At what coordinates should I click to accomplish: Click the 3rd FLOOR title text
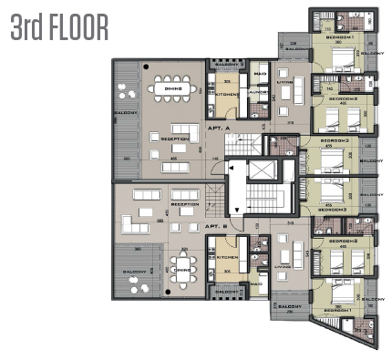[59, 27]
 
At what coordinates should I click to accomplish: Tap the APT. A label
[216, 130]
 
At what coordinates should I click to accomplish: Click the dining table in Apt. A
[173, 89]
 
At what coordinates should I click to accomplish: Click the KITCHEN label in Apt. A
[228, 95]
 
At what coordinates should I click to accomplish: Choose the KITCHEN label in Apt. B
[228, 258]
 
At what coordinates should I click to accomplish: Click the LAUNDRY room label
[257, 92]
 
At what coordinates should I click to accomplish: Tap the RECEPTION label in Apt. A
[174, 139]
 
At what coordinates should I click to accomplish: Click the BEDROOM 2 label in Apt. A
[342, 98]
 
